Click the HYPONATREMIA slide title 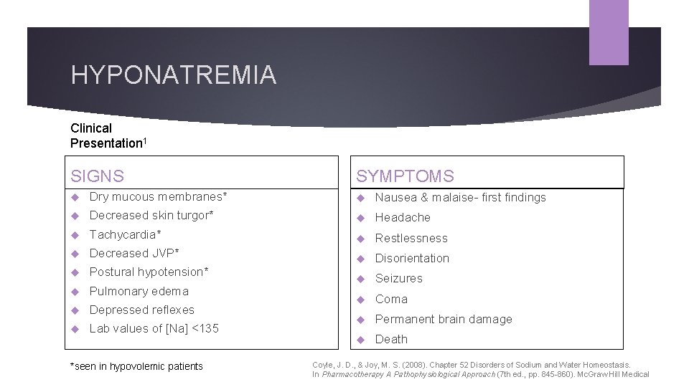click(173, 75)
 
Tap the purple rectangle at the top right click(609, 32)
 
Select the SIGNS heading click(97, 176)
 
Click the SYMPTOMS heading click(405, 176)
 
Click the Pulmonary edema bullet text click(139, 291)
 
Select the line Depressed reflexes click(141, 310)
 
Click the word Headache click(403, 217)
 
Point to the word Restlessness click(411, 238)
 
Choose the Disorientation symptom click(412, 258)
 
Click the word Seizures click(399, 278)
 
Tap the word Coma click(391, 299)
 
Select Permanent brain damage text click(444, 319)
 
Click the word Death click(391, 339)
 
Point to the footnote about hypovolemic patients click(136, 366)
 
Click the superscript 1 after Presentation click(145, 140)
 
